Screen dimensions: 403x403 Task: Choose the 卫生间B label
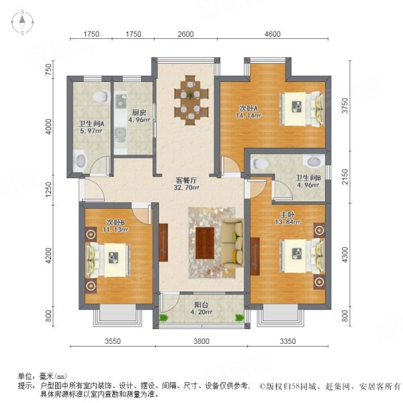pyautogui.click(x=308, y=181)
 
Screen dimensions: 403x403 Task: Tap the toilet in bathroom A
pyautogui.click(x=101, y=95)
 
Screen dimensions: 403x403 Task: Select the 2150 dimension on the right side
pyautogui.click(x=344, y=177)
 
